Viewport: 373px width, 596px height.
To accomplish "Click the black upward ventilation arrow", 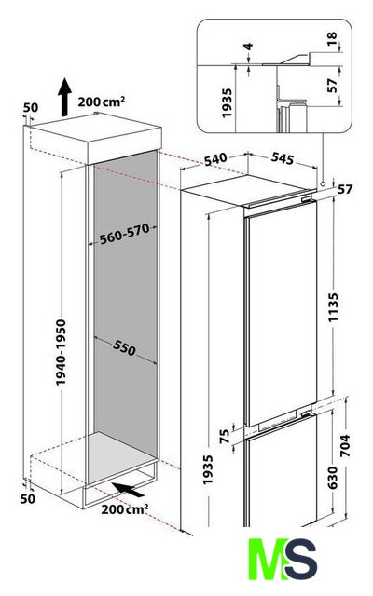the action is click(64, 97).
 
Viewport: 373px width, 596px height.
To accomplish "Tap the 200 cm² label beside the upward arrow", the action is click(102, 102).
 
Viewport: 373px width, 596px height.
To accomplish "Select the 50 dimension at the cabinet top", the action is click(31, 108).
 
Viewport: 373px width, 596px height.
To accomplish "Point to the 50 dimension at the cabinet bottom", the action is click(27, 498).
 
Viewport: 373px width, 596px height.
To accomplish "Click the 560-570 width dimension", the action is click(124, 234).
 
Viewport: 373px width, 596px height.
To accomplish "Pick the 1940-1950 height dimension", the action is click(61, 352).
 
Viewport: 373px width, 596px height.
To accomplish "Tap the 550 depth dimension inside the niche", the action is click(124, 347).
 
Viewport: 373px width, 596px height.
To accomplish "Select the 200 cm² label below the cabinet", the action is click(125, 509).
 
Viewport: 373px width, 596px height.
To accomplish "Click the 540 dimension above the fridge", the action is click(215, 159).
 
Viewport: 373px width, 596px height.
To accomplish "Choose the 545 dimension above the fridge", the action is click(283, 158).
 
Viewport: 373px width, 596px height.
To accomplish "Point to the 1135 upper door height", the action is click(334, 307).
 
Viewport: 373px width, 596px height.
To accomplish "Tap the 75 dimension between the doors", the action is click(226, 436).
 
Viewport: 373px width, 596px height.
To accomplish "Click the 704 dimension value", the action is click(344, 445).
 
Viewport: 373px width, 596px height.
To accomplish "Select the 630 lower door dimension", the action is click(333, 478).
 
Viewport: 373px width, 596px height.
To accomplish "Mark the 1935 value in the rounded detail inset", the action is click(227, 103).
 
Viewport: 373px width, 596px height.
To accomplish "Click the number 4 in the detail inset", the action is click(248, 47).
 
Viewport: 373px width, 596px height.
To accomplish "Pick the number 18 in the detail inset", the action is click(332, 38).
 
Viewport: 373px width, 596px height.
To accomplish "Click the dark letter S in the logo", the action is click(301, 559).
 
